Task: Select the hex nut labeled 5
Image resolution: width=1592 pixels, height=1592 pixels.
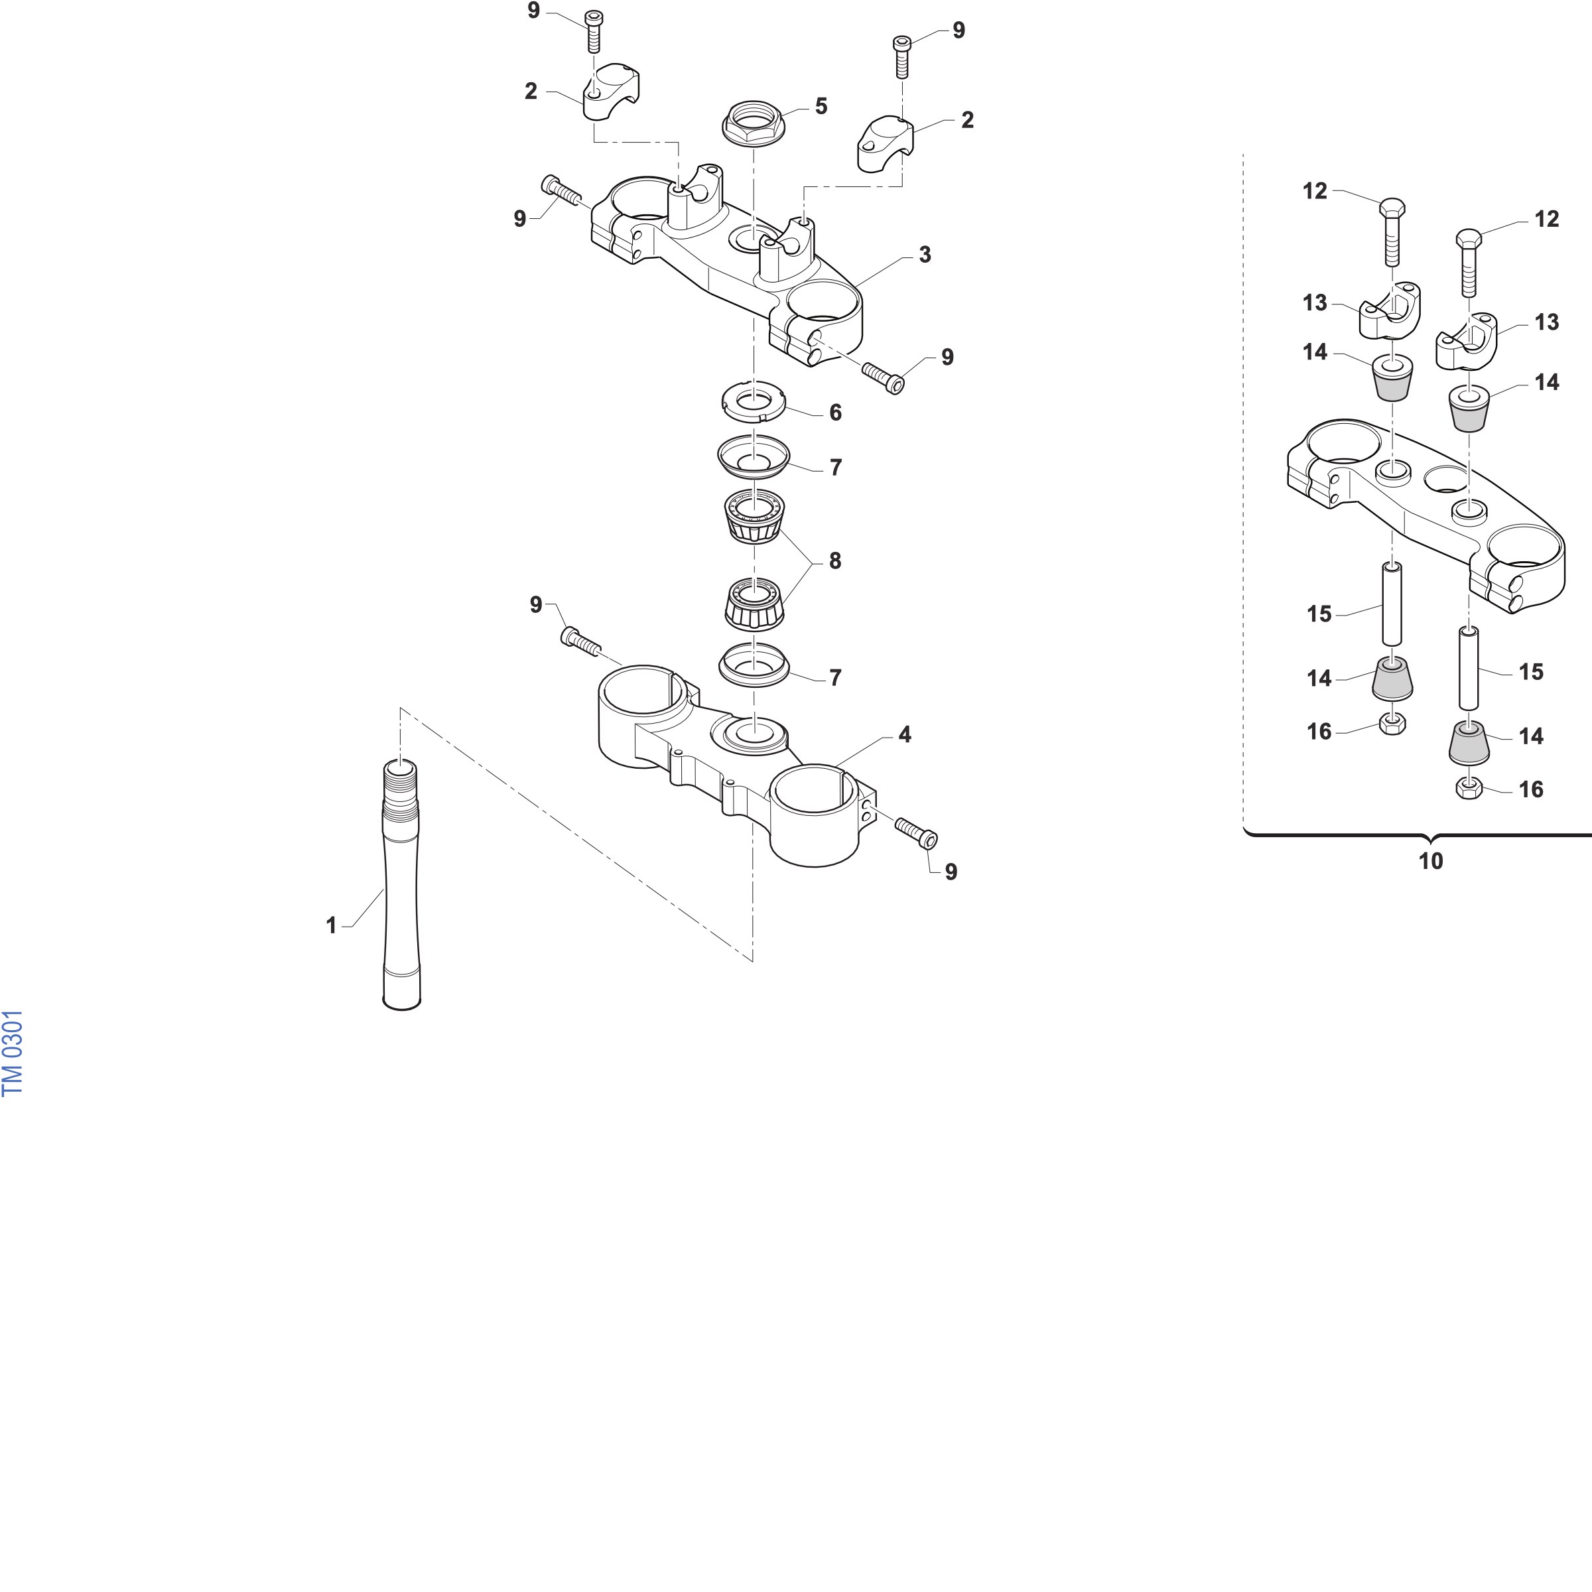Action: click(753, 123)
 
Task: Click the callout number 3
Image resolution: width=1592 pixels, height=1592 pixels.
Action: click(925, 255)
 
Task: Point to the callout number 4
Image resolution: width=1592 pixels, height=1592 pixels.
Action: click(905, 734)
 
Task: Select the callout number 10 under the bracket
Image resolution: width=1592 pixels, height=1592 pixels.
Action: click(1431, 861)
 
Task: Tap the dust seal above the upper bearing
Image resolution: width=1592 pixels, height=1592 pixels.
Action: click(753, 456)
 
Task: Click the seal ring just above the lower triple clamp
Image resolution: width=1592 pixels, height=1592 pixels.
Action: click(753, 664)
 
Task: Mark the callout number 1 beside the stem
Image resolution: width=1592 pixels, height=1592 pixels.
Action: click(331, 925)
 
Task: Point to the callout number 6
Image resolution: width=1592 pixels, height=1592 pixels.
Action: click(836, 413)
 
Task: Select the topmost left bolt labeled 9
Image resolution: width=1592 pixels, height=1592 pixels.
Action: click(592, 31)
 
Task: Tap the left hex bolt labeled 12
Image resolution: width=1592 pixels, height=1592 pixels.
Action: click(1392, 232)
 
